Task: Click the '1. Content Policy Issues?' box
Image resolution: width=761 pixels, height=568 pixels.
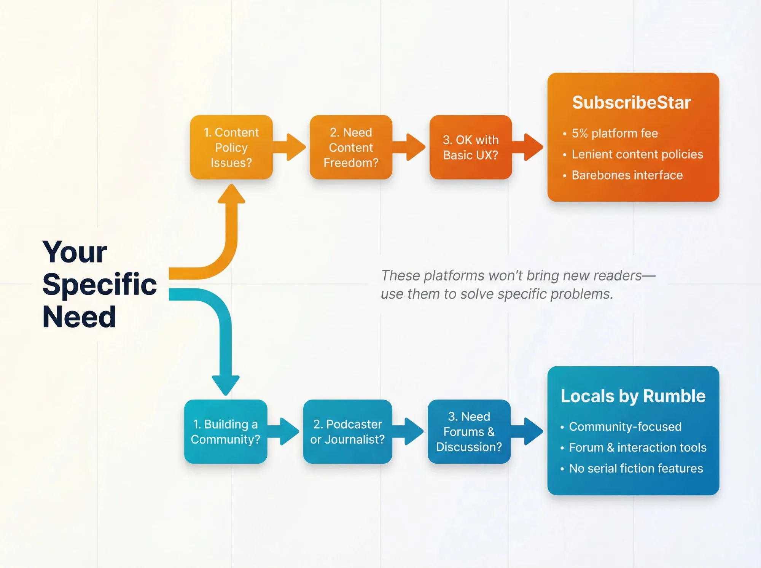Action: point(231,147)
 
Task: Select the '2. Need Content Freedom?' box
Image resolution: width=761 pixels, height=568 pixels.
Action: point(351,147)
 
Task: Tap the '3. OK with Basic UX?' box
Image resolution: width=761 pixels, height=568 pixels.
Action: point(470,147)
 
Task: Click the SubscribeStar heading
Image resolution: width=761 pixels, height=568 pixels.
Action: point(631,102)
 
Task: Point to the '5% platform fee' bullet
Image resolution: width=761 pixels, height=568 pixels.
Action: point(615,133)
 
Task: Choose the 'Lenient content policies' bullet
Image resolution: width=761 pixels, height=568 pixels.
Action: point(637,154)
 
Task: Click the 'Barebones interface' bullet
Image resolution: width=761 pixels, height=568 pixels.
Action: point(627,175)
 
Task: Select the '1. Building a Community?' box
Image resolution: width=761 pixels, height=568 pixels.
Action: point(226,431)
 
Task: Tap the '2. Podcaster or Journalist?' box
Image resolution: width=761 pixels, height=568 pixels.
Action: point(347,431)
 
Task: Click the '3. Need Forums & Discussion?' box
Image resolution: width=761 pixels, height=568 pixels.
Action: point(469,431)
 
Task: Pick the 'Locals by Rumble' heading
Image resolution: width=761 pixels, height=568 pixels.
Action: point(633,396)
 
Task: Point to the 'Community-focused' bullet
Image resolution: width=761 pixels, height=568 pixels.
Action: point(625,426)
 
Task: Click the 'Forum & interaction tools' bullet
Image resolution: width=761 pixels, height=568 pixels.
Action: point(637,447)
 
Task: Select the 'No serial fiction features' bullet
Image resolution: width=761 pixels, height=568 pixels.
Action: point(635,468)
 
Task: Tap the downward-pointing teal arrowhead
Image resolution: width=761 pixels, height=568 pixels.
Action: point(226,384)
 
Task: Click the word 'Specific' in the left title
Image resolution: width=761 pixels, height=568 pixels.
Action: point(99,284)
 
